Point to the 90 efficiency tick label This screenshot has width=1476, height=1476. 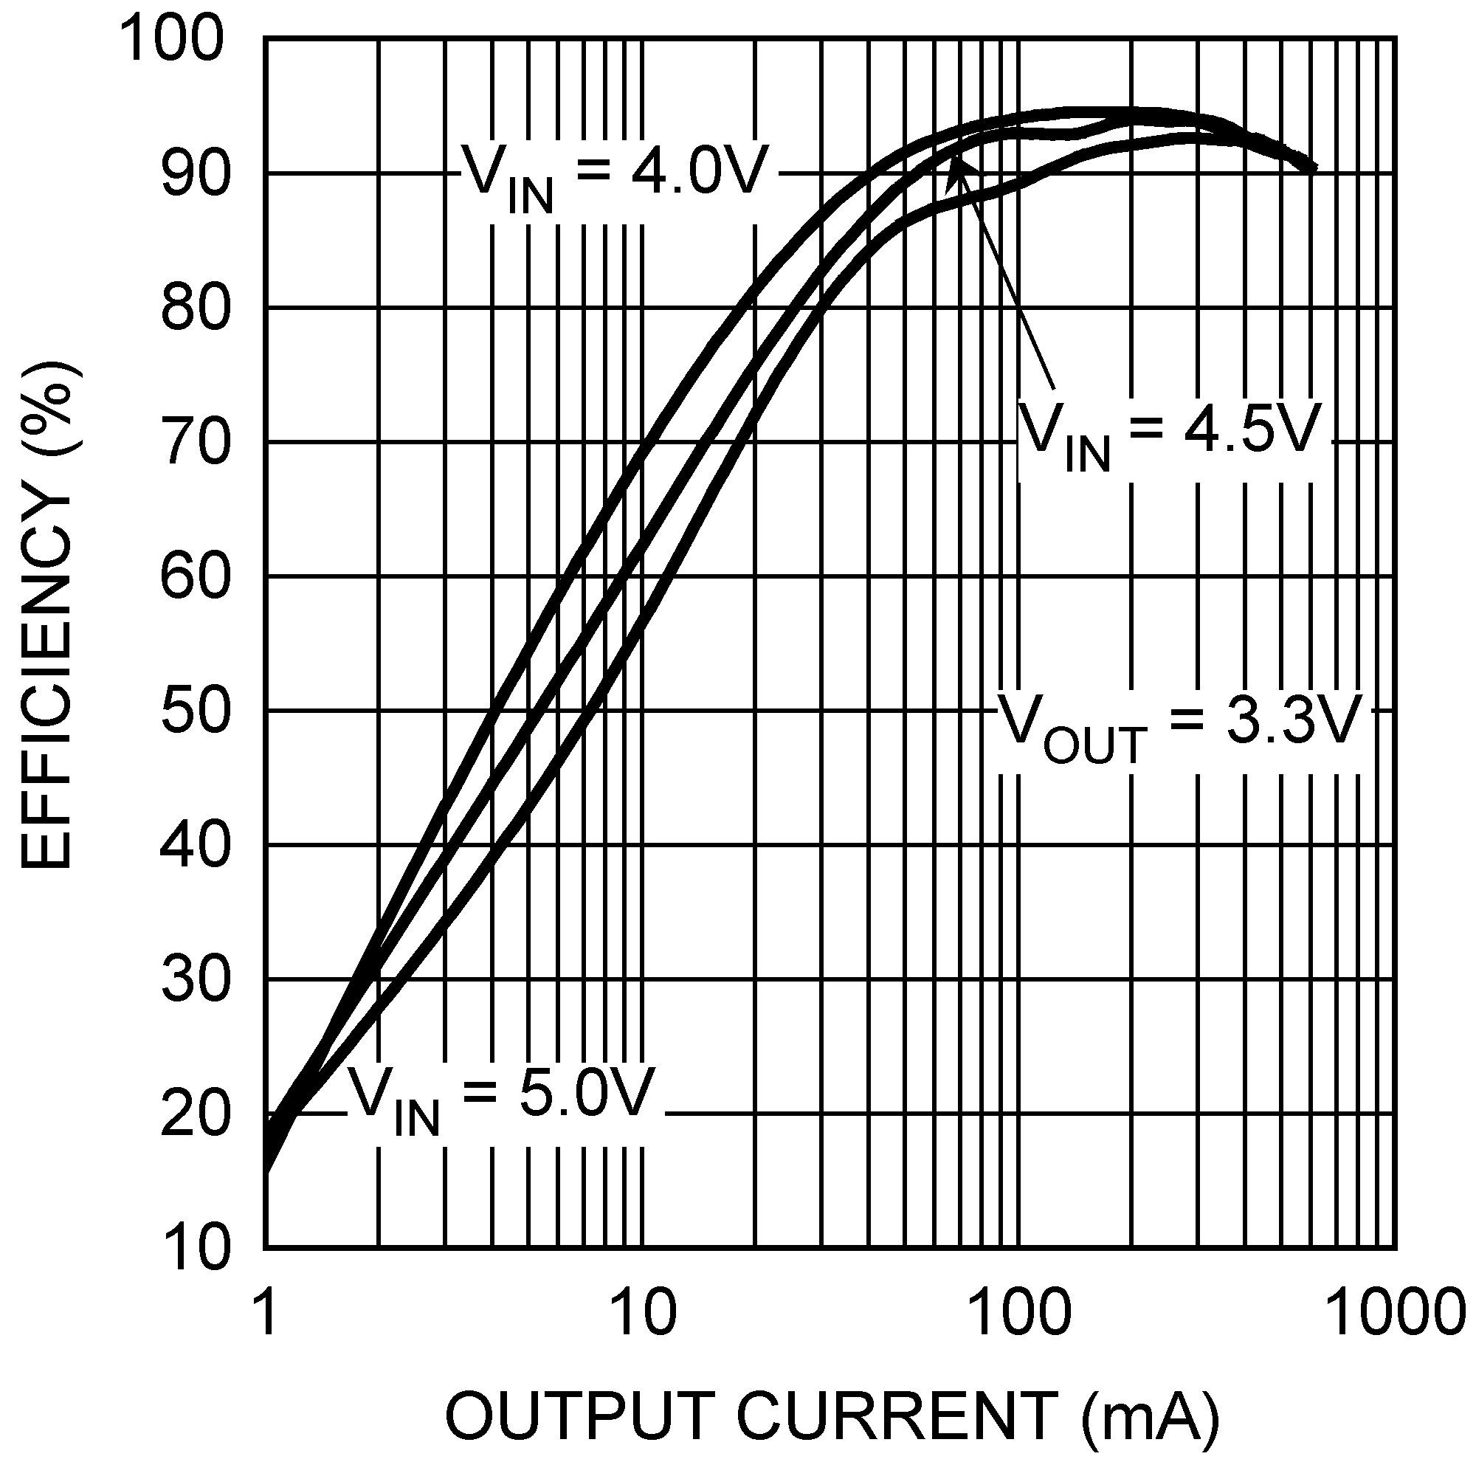[x=196, y=174]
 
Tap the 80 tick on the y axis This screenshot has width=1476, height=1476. [x=196, y=308]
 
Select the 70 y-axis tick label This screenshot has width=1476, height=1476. [x=196, y=443]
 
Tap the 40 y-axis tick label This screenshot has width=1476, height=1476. [x=196, y=846]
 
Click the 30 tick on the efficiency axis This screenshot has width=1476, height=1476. [x=196, y=980]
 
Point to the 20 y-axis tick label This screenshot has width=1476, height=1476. [x=196, y=1114]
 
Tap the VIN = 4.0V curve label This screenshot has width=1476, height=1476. [x=613, y=176]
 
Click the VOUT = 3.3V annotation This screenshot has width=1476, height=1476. [x=1180, y=725]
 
